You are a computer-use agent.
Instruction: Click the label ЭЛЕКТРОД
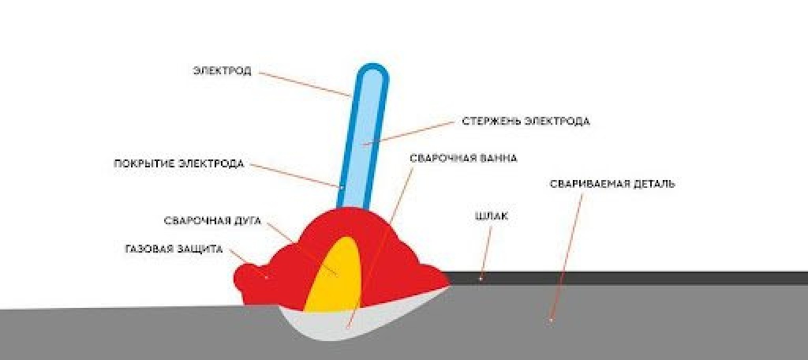(x=222, y=71)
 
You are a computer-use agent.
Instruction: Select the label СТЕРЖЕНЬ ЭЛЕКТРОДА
(x=526, y=122)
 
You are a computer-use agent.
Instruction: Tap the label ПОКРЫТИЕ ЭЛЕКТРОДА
(x=179, y=164)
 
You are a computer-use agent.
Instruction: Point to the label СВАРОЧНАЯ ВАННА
(x=463, y=159)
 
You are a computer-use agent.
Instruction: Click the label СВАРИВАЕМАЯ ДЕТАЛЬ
(x=612, y=184)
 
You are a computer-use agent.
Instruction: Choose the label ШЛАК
(x=491, y=216)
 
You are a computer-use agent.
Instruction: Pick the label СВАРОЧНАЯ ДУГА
(x=212, y=221)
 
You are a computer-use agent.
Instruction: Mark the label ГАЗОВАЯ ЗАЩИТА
(x=174, y=249)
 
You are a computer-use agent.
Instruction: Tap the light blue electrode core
(x=363, y=139)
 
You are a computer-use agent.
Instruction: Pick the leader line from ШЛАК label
(x=486, y=253)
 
